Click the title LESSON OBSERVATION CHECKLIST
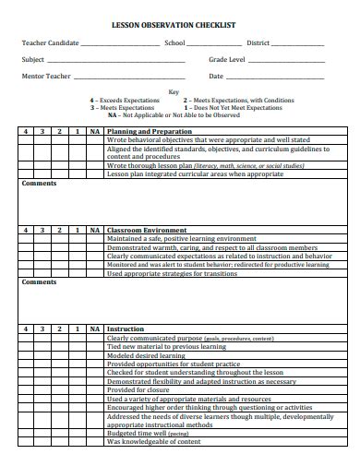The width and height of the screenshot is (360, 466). [x=180, y=26]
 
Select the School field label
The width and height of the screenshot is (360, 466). [x=175, y=42]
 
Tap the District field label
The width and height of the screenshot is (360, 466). [x=258, y=42]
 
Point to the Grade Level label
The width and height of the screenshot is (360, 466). [x=227, y=59]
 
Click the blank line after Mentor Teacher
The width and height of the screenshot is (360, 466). [x=135, y=78]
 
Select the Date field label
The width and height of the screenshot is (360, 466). [x=216, y=76]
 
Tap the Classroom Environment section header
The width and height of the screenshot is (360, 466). [x=147, y=230]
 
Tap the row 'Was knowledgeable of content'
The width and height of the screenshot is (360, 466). [x=154, y=441]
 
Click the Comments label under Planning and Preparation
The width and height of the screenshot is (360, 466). [x=39, y=184]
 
